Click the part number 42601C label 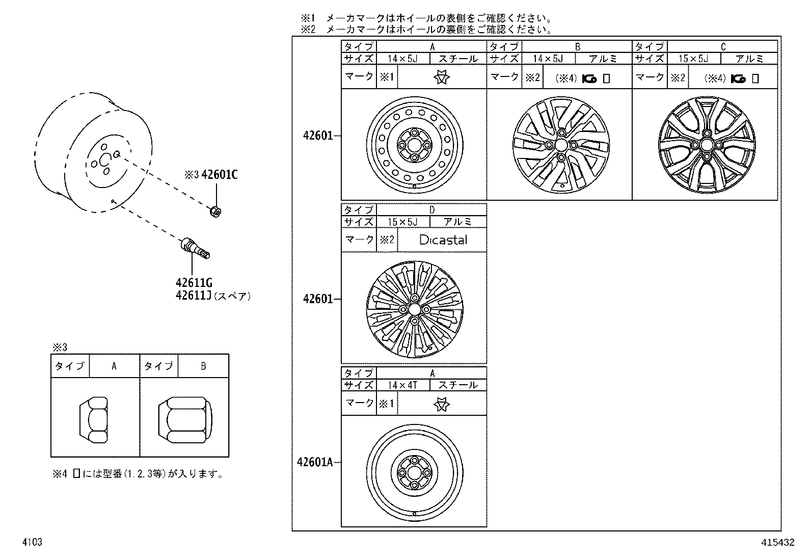coord(219,175)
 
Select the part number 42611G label coord(194,283)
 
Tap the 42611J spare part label coord(194,296)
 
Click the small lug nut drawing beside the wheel coord(215,210)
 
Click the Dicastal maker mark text coord(443,240)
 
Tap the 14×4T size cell coord(402,385)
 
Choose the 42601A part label coord(315,462)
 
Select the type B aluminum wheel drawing coord(560,145)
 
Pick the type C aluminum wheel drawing coord(705,145)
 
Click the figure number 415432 coord(778,543)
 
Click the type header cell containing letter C coord(722,47)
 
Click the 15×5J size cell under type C coord(693,59)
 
